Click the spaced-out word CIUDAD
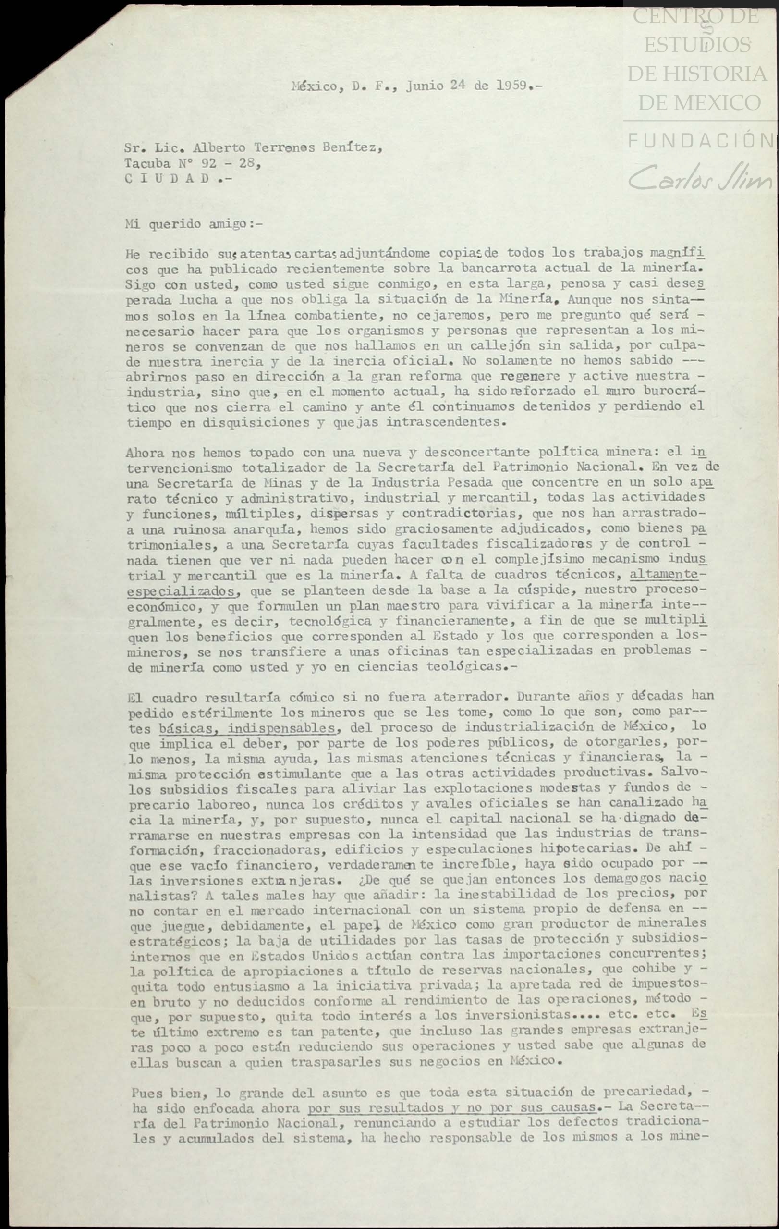[x=167, y=179]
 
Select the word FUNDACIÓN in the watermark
[x=700, y=140]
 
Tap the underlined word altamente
[x=664, y=575]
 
